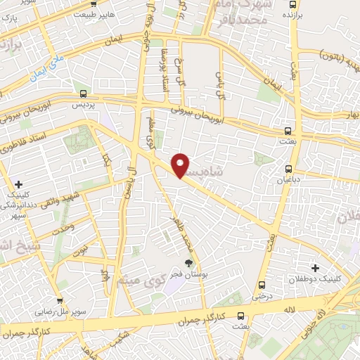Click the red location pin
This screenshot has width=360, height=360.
(x=181, y=165)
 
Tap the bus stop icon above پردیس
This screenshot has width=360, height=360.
(x=84, y=93)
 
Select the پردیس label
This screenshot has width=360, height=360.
(x=84, y=103)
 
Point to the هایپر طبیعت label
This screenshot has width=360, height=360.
(x=93, y=14)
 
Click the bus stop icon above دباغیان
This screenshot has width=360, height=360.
(x=288, y=169)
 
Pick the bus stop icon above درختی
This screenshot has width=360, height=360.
(x=262, y=285)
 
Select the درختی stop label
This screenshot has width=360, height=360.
(x=262, y=296)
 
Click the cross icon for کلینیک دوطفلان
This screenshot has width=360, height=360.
(x=315, y=268)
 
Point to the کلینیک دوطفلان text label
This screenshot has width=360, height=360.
(x=314, y=279)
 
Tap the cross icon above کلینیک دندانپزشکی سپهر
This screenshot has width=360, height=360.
(x=18, y=184)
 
